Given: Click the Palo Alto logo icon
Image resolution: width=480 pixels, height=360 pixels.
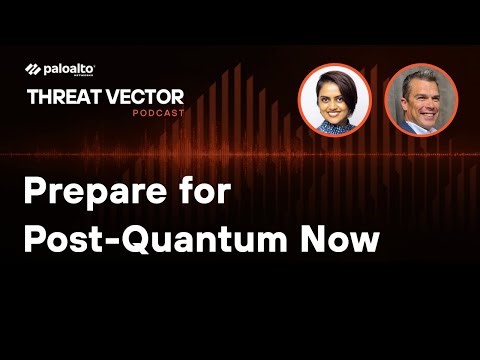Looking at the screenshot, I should [32, 69].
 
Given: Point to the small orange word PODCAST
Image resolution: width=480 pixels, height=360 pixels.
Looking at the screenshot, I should [159, 112].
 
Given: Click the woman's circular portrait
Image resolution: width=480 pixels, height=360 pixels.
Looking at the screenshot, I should [334, 99].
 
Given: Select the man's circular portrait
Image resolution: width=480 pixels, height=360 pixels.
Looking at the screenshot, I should [420, 99].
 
